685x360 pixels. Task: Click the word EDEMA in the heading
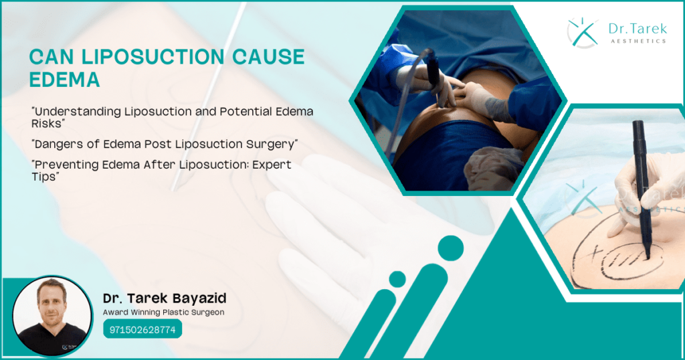coord(64,80)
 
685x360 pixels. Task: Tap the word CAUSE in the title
coord(262,58)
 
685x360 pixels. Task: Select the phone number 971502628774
coord(142,330)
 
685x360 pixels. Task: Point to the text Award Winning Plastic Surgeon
coord(163,312)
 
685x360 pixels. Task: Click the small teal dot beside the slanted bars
coord(397,279)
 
